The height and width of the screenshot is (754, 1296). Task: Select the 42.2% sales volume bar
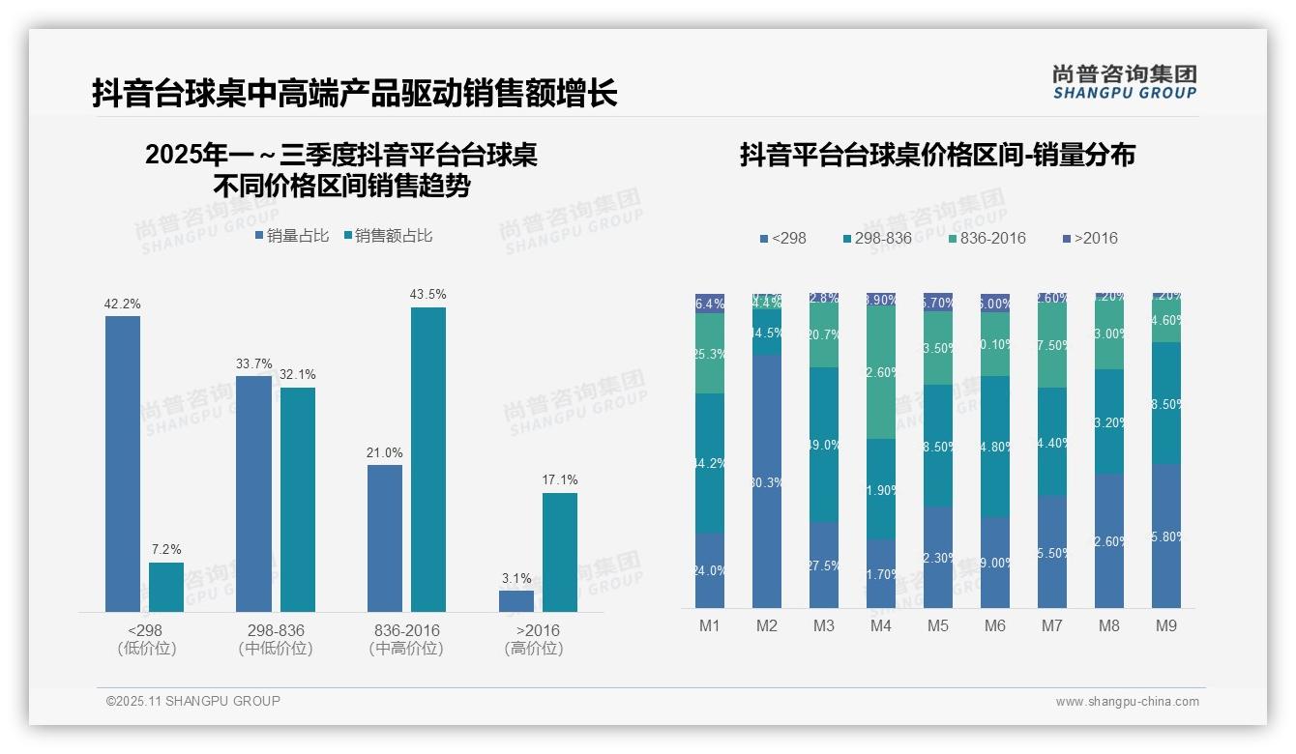click(123, 464)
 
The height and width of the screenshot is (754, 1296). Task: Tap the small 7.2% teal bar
click(166, 587)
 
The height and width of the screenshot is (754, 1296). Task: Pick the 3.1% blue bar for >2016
click(516, 600)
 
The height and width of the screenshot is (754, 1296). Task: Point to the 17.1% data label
click(560, 479)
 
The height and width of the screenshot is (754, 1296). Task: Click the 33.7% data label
click(253, 363)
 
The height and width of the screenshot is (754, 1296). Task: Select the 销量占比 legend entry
click(292, 235)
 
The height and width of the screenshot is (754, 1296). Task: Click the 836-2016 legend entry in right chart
click(987, 238)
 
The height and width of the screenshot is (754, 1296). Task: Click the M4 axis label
click(880, 625)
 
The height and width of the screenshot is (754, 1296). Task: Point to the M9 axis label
click(1166, 625)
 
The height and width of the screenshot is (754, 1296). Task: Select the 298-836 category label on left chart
click(276, 630)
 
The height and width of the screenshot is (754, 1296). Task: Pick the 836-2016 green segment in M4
click(881, 371)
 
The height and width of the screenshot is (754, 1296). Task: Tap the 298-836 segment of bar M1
click(710, 463)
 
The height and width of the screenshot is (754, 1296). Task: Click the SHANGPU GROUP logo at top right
click(1124, 82)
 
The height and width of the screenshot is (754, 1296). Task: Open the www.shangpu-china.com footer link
click(1127, 702)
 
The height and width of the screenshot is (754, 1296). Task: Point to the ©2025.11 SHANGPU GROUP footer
click(193, 701)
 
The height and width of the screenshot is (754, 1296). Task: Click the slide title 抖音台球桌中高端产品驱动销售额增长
click(354, 94)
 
